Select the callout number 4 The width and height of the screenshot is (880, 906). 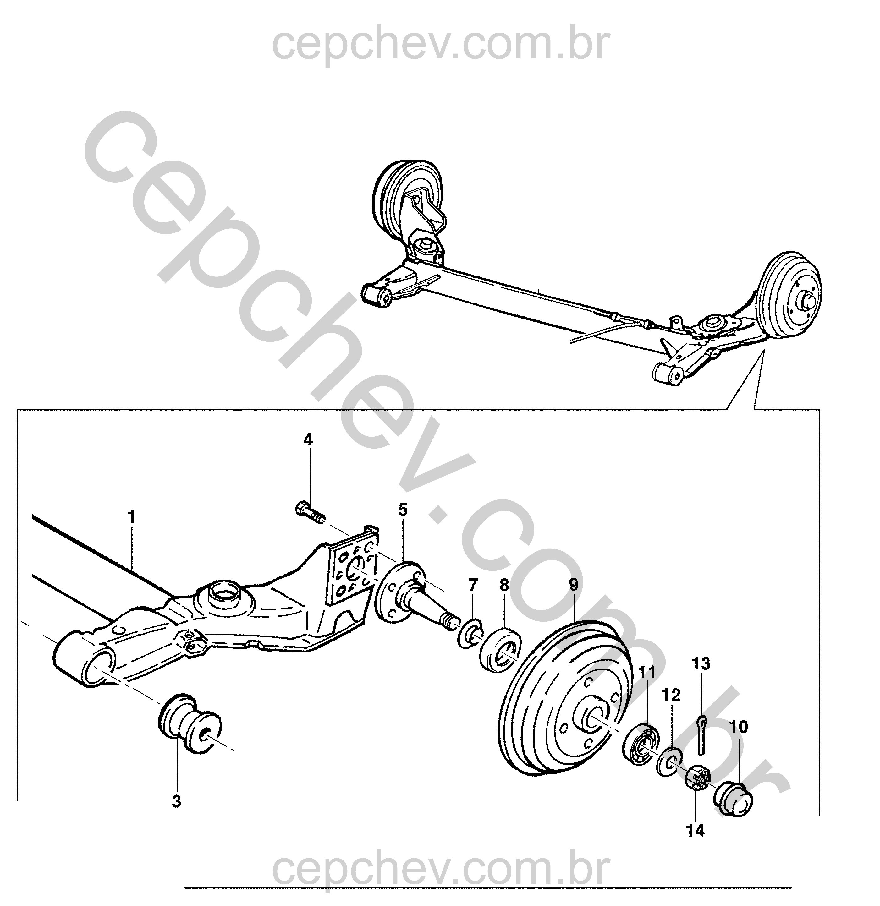click(308, 439)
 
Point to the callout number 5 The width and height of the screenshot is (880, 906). click(403, 510)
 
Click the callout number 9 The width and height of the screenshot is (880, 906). click(573, 585)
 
